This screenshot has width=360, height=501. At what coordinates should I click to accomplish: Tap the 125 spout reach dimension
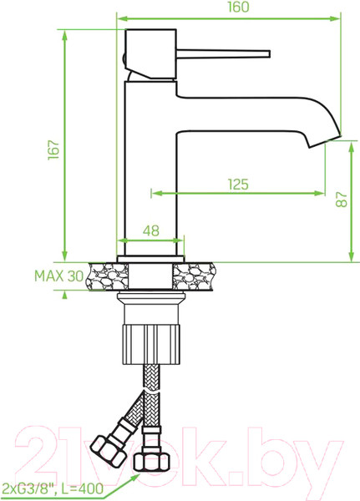238,185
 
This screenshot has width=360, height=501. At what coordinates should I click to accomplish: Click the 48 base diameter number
150,230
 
